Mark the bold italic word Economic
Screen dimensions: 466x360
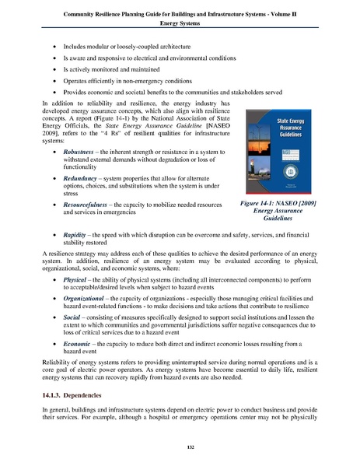coord(78,363)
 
